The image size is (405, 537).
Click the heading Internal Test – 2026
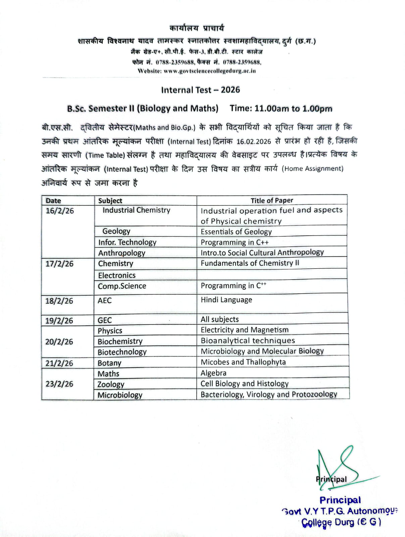click(200, 90)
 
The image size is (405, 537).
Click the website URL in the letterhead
click(197, 71)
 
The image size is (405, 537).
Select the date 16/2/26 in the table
click(60, 211)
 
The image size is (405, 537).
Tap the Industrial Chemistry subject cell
click(136, 210)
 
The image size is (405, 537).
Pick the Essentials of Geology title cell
click(236, 232)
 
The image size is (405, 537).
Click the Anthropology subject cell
click(121, 253)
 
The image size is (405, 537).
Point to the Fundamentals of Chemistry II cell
click(250, 263)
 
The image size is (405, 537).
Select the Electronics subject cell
click(117, 275)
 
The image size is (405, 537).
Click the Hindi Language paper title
click(226, 300)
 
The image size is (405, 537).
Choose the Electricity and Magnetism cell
click(245, 330)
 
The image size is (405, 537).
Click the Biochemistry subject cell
click(120, 341)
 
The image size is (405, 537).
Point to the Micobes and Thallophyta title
click(243, 362)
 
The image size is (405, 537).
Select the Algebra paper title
click(213, 373)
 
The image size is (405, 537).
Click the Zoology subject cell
click(111, 384)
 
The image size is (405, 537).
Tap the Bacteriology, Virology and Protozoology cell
click(269, 394)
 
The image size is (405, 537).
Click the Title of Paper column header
click(272, 200)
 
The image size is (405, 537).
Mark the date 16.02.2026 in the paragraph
click(253, 141)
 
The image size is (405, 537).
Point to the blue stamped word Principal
click(340, 500)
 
